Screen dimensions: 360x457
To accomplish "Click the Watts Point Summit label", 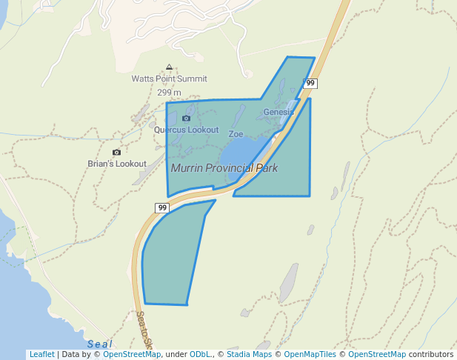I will click(x=169, y=79).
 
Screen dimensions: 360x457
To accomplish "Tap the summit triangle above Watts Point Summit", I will click(x=169, y=67).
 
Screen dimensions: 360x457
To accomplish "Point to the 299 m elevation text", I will click(x=169, y=93).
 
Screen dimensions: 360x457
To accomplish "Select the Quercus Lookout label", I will click(x=186, y=130).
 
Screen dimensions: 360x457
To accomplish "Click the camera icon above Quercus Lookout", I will click(x=186, y=118).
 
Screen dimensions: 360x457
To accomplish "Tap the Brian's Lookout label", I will click(x=117, y=164).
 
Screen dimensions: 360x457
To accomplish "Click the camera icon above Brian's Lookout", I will click(x=116, y=152).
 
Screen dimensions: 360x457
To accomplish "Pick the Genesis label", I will click(x=278, y=112).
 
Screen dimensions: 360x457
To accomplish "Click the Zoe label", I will click(x=236, y=134).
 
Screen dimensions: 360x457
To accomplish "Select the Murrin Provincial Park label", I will click(x=224, y=168).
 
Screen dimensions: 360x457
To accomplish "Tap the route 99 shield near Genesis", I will click(x=310, y=83).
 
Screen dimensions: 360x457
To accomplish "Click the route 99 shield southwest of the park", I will click(x=162, y=207).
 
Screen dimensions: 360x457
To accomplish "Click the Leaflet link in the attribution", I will click(x=41, y=354).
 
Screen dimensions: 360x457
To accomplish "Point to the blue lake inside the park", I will click(x=241, y=151).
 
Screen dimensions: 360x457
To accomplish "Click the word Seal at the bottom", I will click(x=99, y=344).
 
